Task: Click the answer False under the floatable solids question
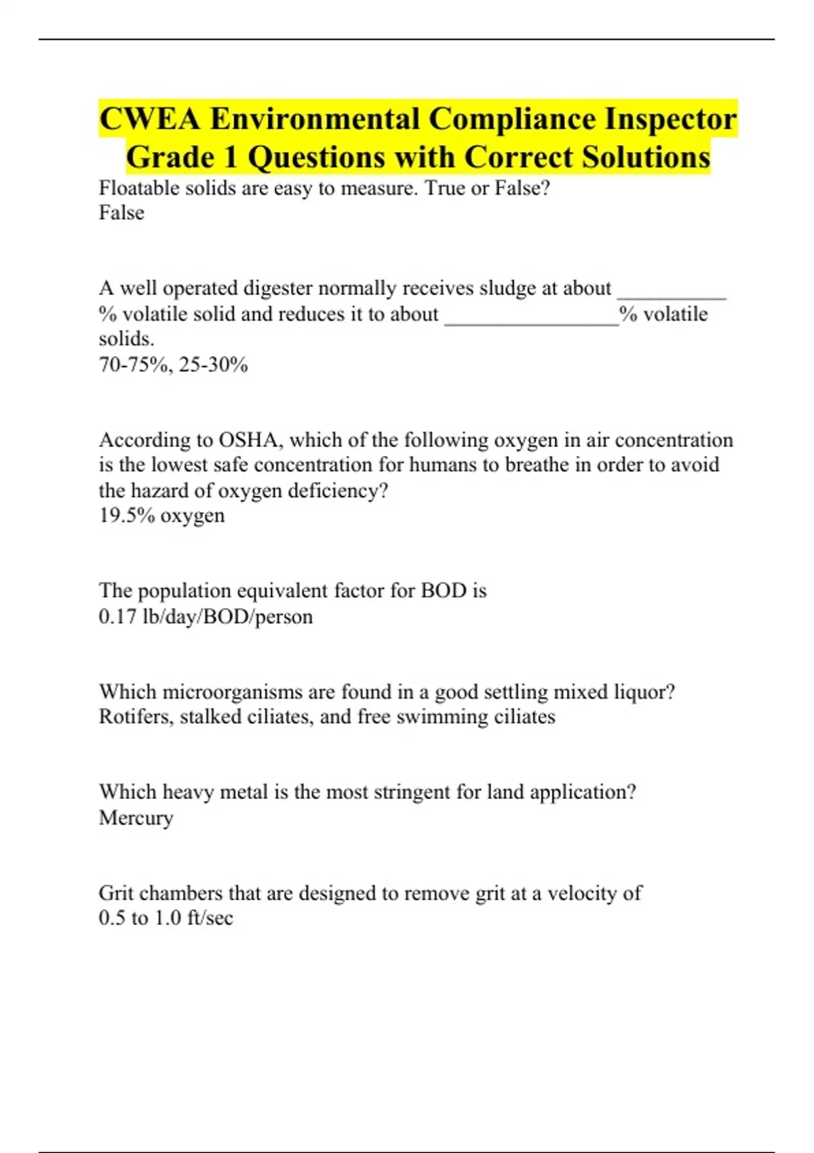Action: point(121,213)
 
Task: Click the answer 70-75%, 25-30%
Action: point(174,365)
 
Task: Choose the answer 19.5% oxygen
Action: point(162,515)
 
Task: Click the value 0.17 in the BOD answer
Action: point(117,617)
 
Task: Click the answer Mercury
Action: point(136,818)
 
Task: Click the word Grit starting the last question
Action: point(115,893)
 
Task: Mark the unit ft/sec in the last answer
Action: point(210,918)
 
